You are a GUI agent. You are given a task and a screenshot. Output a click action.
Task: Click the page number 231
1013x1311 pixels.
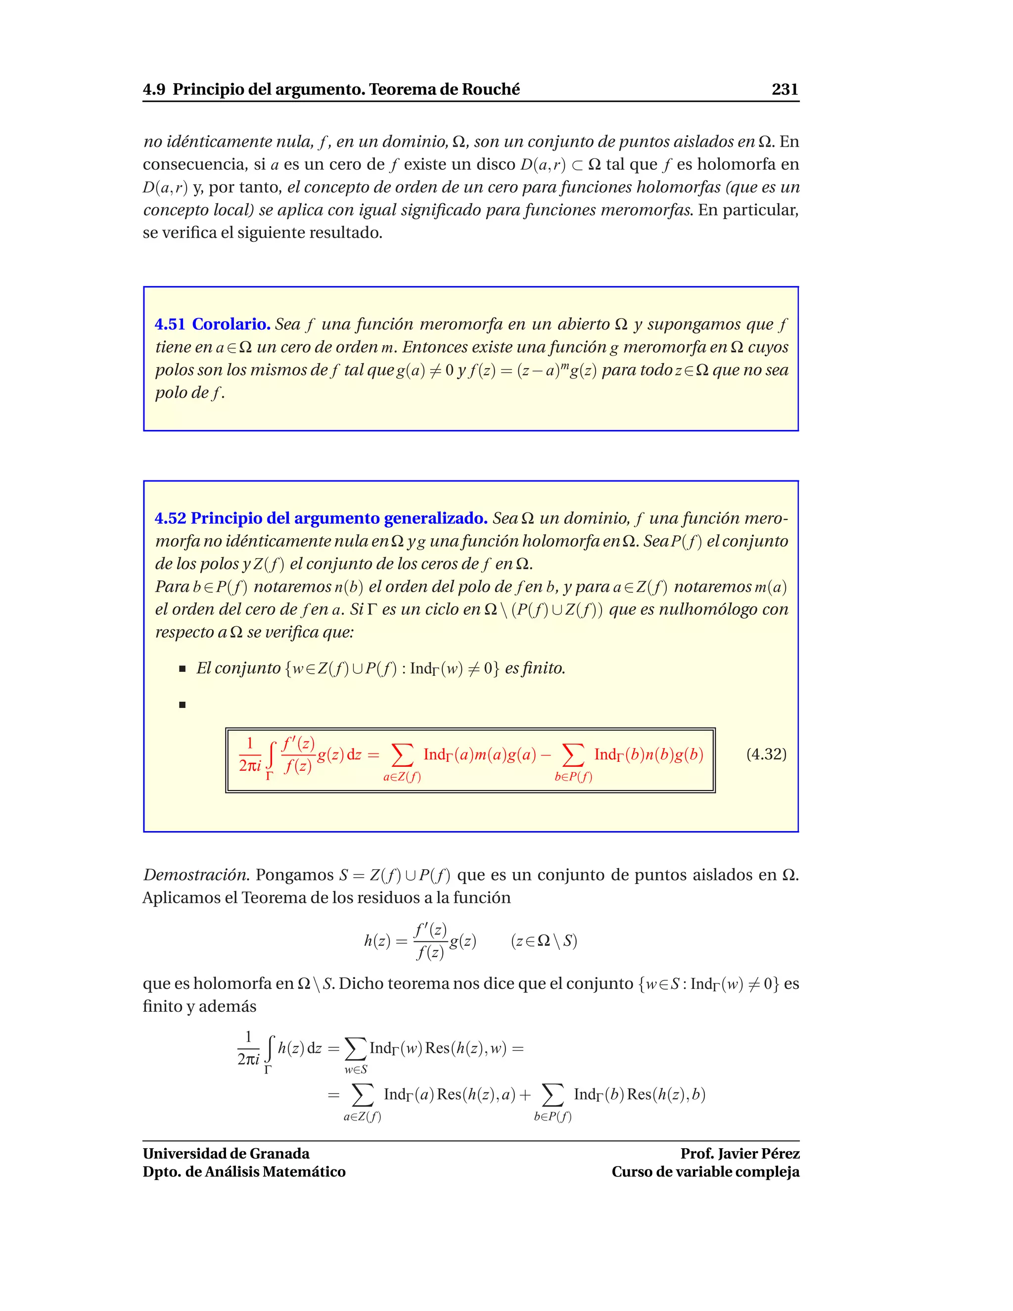784,90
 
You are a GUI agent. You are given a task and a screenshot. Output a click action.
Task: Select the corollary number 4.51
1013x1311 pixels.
170,324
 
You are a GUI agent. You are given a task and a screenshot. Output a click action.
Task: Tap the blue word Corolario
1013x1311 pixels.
231,324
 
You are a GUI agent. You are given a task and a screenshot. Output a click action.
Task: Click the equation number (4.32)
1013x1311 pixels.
766,754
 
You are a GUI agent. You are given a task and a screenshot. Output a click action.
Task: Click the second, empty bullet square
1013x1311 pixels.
183,704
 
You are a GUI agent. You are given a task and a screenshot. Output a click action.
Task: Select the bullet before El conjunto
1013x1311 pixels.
183,669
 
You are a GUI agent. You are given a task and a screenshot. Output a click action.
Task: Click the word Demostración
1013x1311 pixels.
196,875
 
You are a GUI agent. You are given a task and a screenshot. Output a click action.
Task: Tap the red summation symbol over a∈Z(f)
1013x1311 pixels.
402,754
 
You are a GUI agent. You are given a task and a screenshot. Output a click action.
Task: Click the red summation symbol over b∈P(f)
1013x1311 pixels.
573,754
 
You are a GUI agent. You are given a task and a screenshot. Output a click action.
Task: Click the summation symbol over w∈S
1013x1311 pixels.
355,1049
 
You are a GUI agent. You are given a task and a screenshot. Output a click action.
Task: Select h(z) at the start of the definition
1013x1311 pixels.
377,940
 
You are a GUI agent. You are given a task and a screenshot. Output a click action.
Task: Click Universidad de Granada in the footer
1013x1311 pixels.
226,1154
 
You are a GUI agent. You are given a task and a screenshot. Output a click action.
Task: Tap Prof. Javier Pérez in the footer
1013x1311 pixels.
739,1154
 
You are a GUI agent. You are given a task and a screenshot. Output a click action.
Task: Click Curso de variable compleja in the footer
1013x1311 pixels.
705,1171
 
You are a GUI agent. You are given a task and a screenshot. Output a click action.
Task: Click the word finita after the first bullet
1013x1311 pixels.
544,669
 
